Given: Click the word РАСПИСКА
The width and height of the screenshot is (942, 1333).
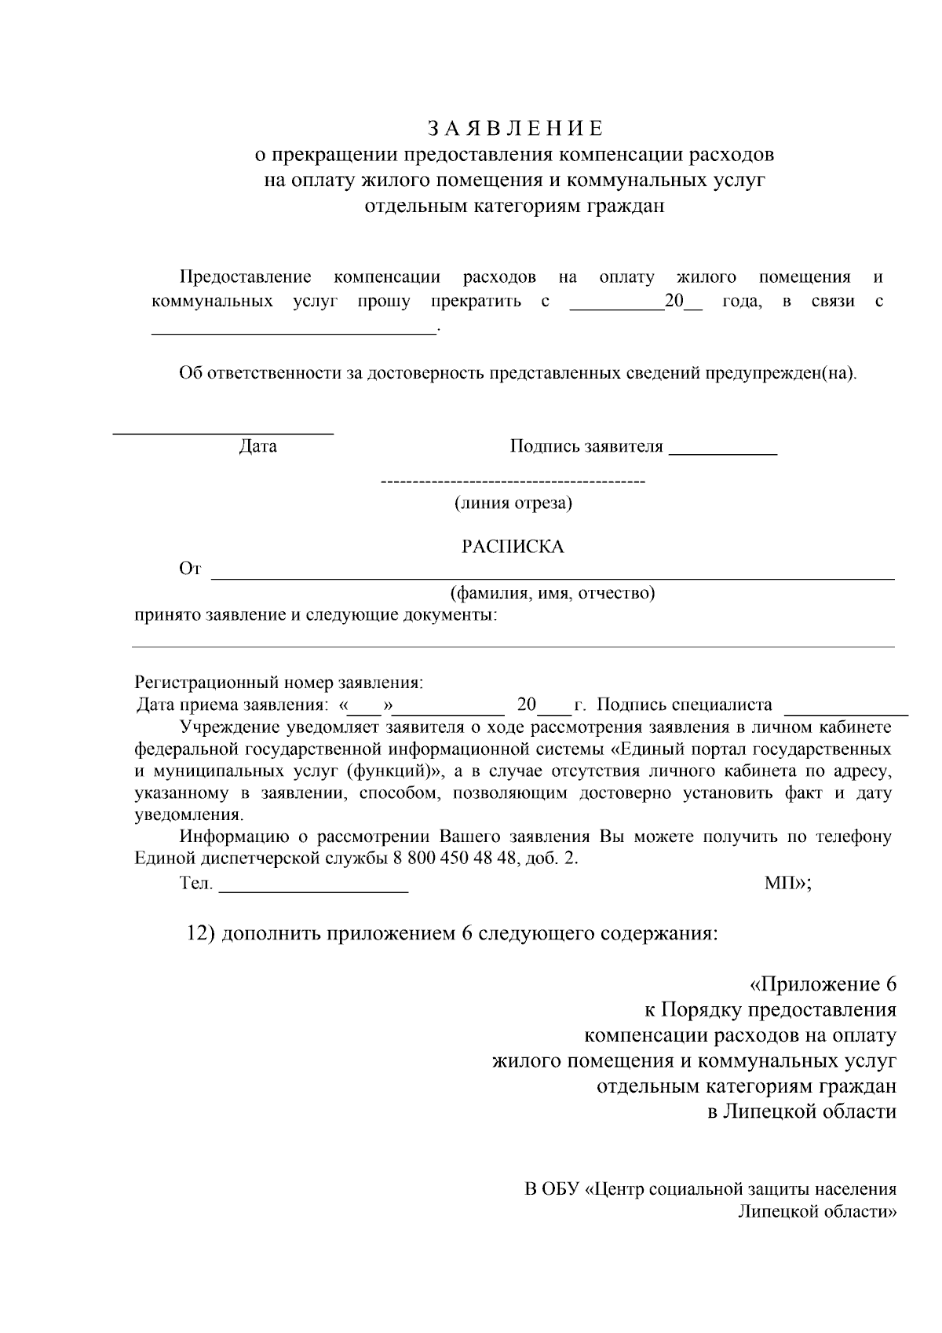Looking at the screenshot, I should pos(512,547).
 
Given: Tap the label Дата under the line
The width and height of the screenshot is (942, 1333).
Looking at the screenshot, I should pos(257,447).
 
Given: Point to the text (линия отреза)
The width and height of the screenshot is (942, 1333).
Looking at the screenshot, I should pos(513,504).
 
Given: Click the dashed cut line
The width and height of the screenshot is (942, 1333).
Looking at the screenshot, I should pos(512,481).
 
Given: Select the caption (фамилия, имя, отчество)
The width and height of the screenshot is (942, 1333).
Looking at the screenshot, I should pos(552,593).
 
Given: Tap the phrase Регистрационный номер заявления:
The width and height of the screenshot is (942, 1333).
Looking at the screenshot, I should pos(279,683).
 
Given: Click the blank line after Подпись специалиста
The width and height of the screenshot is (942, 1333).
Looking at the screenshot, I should pos(846,713).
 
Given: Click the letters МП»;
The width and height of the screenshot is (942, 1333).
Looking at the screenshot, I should pos(787,884).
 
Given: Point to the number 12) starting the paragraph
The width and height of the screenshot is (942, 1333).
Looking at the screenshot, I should pos(200,934).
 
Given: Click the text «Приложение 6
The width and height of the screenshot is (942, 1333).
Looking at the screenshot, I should pos(823,985).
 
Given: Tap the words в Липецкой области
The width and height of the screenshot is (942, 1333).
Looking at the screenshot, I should pos(801,1112).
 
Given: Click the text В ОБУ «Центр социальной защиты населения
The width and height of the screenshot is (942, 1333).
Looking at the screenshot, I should pos(710,1189).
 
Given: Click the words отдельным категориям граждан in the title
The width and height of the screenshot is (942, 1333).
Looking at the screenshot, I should pos(514,207).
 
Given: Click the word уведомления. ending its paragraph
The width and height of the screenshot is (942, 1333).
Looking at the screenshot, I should pos(188,815).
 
